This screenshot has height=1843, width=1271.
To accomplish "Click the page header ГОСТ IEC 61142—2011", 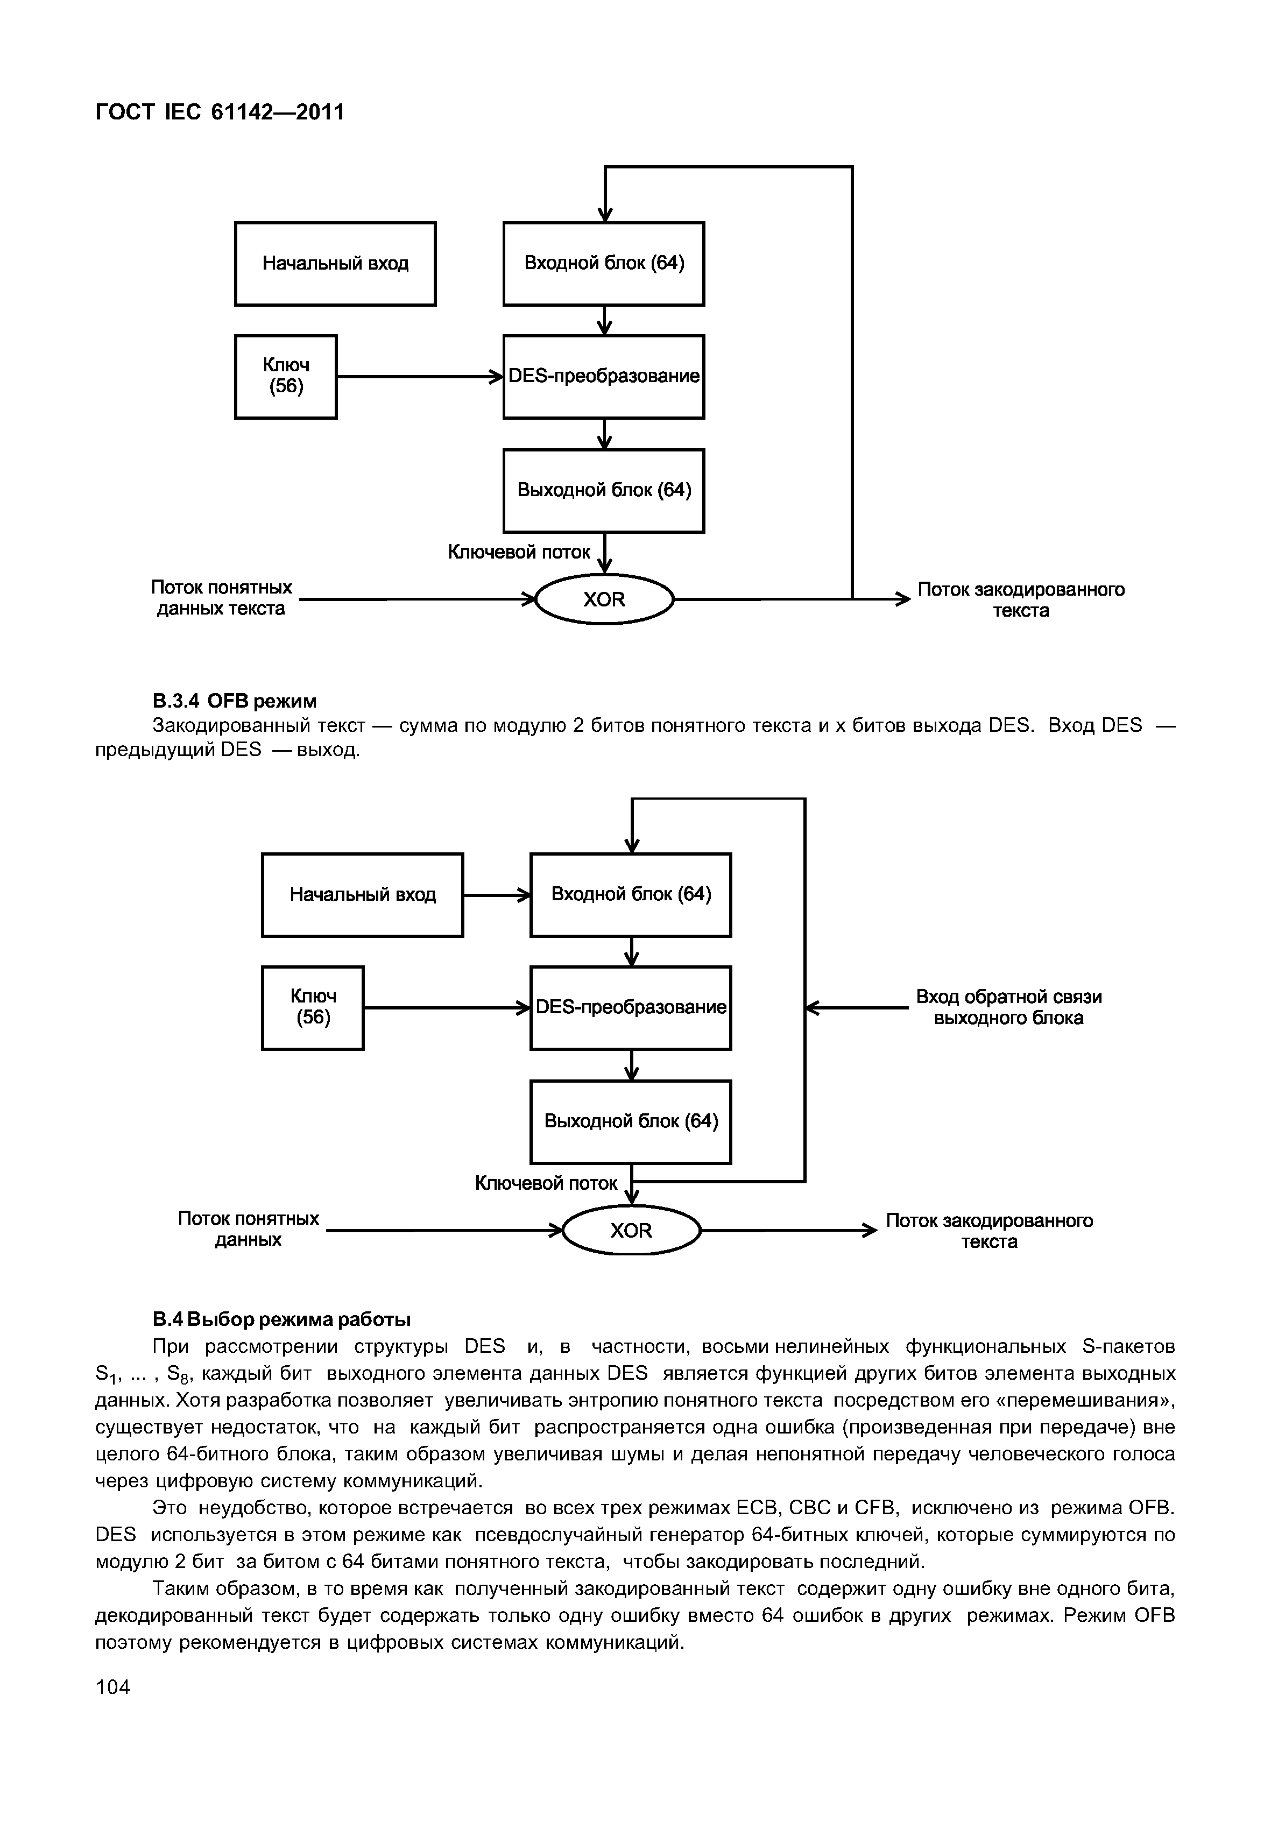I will (220, 112).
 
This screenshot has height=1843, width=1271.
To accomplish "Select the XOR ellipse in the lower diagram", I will (632, 1231).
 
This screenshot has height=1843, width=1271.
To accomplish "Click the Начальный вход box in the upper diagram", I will (335, 264).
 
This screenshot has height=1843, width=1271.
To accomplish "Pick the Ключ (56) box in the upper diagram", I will (286, 377).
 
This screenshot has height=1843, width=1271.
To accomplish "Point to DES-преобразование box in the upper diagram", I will (604, 377).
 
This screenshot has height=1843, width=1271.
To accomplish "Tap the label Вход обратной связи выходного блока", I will (1008, 1007).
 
